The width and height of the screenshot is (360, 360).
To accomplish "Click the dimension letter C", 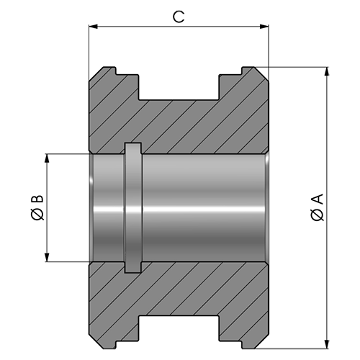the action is pyautogui.click(x=179, y=17).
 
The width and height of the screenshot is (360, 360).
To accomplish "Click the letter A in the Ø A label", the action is pyautogui.click(x=318, y=199).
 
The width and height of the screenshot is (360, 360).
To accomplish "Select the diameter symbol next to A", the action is pyautogui.click(x=318, y=215).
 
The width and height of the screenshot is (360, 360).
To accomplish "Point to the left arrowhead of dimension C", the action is pyautogui.click(x=93, y=27).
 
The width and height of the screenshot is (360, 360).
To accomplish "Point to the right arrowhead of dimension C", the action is pyautogui.click(x=264, y=27).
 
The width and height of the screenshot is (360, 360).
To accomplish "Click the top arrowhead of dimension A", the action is pyautogui.click(x=327, y=71).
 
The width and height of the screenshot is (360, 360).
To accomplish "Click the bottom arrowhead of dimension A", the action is pyautogui.click(x=327, y=344).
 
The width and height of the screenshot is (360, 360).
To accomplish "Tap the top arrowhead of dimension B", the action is pyautogui.click(x=48, y=158).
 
